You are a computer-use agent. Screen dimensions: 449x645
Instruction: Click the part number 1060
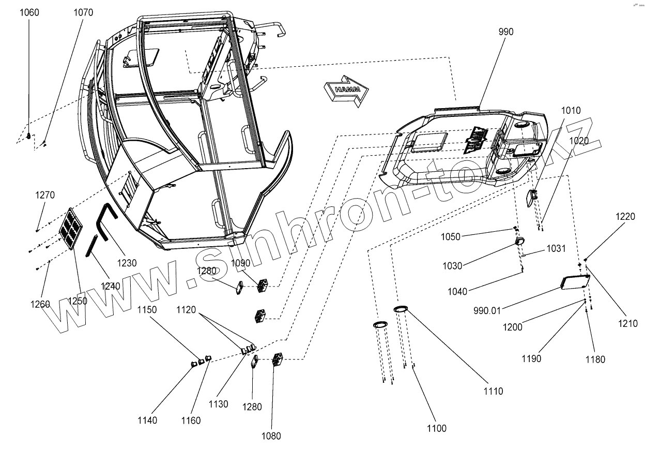tap(29, 12)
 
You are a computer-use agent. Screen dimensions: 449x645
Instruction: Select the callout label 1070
tap(83, 12)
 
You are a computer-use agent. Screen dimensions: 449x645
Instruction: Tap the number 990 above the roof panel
tap(506, 32)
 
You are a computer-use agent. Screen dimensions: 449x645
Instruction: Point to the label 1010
tap(570, 111)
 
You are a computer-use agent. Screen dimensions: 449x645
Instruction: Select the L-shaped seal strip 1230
tap(104, 222)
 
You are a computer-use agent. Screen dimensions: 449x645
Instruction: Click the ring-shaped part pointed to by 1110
tap(401, 309)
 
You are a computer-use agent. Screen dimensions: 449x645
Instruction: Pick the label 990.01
tap(487, 310)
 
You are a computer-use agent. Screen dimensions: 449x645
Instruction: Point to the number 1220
tap(625, 217)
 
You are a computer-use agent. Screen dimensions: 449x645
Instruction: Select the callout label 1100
tap(437, 428)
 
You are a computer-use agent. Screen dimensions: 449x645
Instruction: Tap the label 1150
tap(147, 310)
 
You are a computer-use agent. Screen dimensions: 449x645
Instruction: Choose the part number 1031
tap(556, 249)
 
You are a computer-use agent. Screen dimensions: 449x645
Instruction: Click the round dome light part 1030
tap(520, 241)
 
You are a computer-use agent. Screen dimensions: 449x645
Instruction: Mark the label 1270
tap(45, 196)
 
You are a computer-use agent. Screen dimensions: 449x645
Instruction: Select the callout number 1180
tap(595, 360)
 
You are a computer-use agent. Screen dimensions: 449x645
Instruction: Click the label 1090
tap(240, 263)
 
